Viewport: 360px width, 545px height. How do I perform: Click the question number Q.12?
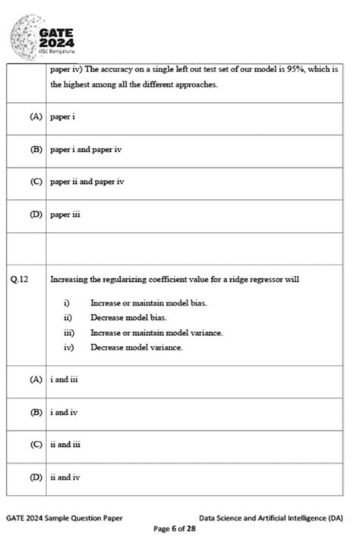click(21, 280)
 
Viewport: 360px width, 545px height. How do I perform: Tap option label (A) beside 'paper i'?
click(36, 117)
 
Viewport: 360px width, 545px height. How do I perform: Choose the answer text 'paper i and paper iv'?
click(86, 150)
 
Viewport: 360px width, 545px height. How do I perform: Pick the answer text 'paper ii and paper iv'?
click(87, 182)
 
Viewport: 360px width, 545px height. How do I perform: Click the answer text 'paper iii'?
click(65, 214)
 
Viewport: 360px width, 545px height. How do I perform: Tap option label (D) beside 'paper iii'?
click(36, 214)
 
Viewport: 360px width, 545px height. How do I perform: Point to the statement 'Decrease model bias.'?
click(128, 318)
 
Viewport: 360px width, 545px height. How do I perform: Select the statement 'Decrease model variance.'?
click(136, 347)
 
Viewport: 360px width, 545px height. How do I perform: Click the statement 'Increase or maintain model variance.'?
click(156, 332)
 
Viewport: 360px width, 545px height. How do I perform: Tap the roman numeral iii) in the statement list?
click(69, 332)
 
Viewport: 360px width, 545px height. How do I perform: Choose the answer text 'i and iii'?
click(65, 380)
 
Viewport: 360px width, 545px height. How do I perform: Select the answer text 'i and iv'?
click(64, 413)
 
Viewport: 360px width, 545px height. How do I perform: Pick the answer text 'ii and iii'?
click(65, 445)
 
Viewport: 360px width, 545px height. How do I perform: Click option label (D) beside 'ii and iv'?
click(36, 477)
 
